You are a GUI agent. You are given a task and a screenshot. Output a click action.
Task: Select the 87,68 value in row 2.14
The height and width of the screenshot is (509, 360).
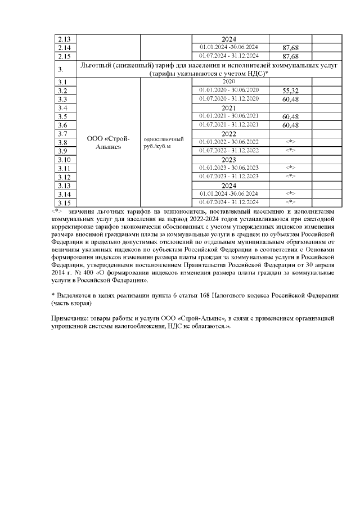[290, 48]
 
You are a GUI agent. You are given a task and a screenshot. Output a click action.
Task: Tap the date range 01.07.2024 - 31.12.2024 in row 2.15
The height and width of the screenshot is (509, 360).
[229, 56]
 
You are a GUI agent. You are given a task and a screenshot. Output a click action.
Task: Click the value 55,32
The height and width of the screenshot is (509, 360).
[290, 91]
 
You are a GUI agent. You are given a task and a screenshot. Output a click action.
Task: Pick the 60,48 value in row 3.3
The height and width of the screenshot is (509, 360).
[290, 100]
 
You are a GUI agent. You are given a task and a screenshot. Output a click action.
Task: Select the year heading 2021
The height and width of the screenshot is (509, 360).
[229, 108]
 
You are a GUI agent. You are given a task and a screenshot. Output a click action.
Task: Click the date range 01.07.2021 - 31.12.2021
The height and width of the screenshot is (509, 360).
[229, 125]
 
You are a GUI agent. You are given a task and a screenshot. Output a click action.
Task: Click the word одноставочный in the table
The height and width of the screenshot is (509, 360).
[164, 138]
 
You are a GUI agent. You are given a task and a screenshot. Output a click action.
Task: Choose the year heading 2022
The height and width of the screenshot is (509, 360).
[229, 134]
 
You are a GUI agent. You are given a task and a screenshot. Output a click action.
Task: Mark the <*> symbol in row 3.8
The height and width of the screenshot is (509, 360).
[290, 142]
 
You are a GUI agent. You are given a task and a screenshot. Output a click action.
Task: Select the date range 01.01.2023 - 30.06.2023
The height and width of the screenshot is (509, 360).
[229, 168]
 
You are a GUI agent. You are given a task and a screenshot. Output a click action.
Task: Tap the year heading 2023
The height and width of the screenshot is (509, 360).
[229, 160]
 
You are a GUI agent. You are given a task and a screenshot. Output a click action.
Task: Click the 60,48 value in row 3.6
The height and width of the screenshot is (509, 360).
[290, 125]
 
